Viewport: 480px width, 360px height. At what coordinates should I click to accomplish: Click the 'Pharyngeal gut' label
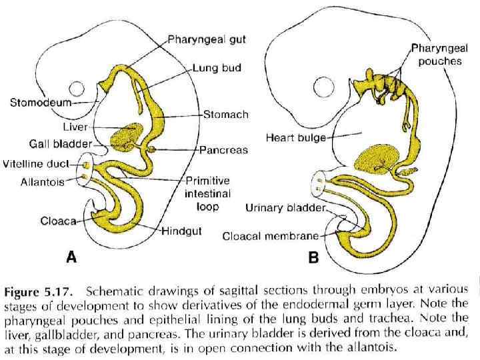pyautogui.click(x=207, y=40)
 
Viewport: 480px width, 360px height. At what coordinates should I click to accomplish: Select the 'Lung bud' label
pyautogui.click(x=217, y=68)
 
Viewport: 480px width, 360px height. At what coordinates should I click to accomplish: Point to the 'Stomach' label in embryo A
pyautogui.click(x=226, y=115)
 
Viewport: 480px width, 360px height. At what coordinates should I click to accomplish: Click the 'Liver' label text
pyautogui.click(x=75, y=125)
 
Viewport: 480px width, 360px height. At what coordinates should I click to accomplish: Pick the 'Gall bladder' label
pyautogui.click(x=65, y=143)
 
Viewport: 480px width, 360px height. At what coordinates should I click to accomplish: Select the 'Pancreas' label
pyautogui.click(x=223, y=151)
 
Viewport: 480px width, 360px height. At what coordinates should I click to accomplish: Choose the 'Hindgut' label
pyautogui.click(x=185, y=231)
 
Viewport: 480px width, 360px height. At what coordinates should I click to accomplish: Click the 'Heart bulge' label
pyautogui.click(x=296, y=138)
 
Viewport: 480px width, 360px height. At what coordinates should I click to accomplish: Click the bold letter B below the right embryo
pyautogui.click(x=313, y=257)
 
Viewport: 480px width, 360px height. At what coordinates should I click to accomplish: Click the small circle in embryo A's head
pyautogui.click(x=77, y=89)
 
